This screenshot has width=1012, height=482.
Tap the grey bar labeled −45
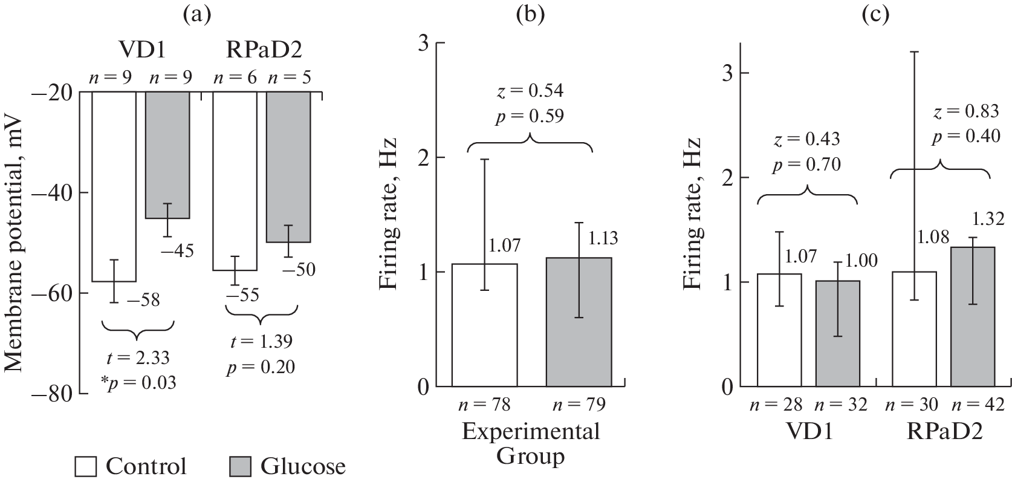click(167, 154)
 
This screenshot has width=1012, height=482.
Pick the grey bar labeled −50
click(288, 166)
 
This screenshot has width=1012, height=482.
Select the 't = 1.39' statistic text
click(261, 342)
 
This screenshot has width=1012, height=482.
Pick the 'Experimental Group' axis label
click(531, 443)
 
